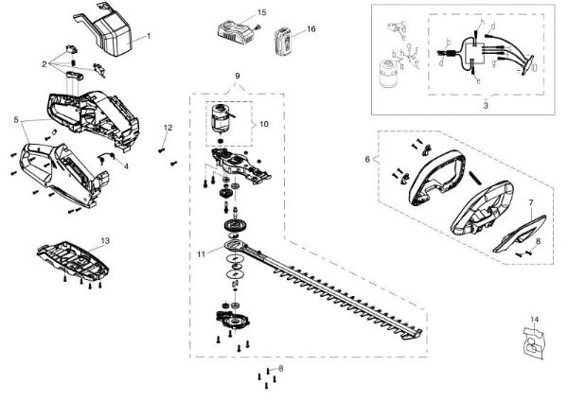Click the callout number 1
pyautogui.click(x=148, y=35)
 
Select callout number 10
pyautogui.click(x=265, y=123)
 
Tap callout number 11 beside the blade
pyautogui.click(x=201, y=253)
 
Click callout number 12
pyautogui.click(x=168, y=126)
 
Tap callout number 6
pyautogui.click(x=368, y=160)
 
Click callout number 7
pyautogui.click(x=531, y=203)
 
